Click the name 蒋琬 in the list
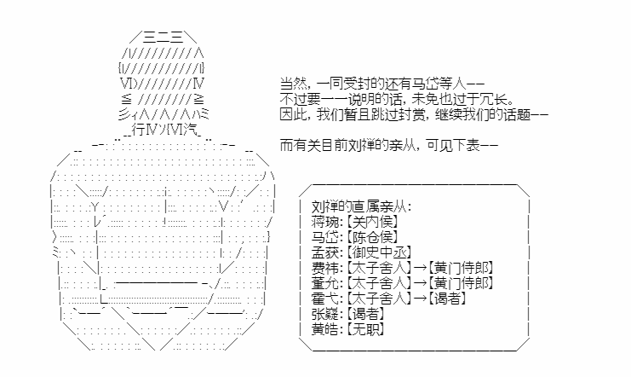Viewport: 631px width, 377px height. coord(325,222)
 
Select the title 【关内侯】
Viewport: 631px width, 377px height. coord(372,222)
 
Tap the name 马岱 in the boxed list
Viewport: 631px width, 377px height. coord(325,237)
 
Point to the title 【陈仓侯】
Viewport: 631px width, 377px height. coord(372,237)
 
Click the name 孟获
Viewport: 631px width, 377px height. coord(325,252)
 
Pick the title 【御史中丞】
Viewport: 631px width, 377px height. coord(379,252)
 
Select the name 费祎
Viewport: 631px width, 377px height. coord(325,268)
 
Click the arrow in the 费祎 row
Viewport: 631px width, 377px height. coord(420,268)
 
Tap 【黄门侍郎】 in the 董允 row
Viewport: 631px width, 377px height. coord(461,283)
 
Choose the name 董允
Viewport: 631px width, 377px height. coord(325,283)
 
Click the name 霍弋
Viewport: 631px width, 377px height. coord(325,299)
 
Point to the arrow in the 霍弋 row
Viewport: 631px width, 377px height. coord(420,299)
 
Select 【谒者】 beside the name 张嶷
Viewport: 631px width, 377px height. coord(365,314)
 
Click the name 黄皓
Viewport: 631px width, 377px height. coord(325,329)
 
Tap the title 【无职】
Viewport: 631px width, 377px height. coord(365,329)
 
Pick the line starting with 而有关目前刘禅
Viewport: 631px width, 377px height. coord(389,145)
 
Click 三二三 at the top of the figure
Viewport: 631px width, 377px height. coord(163,38)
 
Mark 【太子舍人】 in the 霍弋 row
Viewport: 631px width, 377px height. coord(379,299)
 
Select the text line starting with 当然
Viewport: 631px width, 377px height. coord(382,84)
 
